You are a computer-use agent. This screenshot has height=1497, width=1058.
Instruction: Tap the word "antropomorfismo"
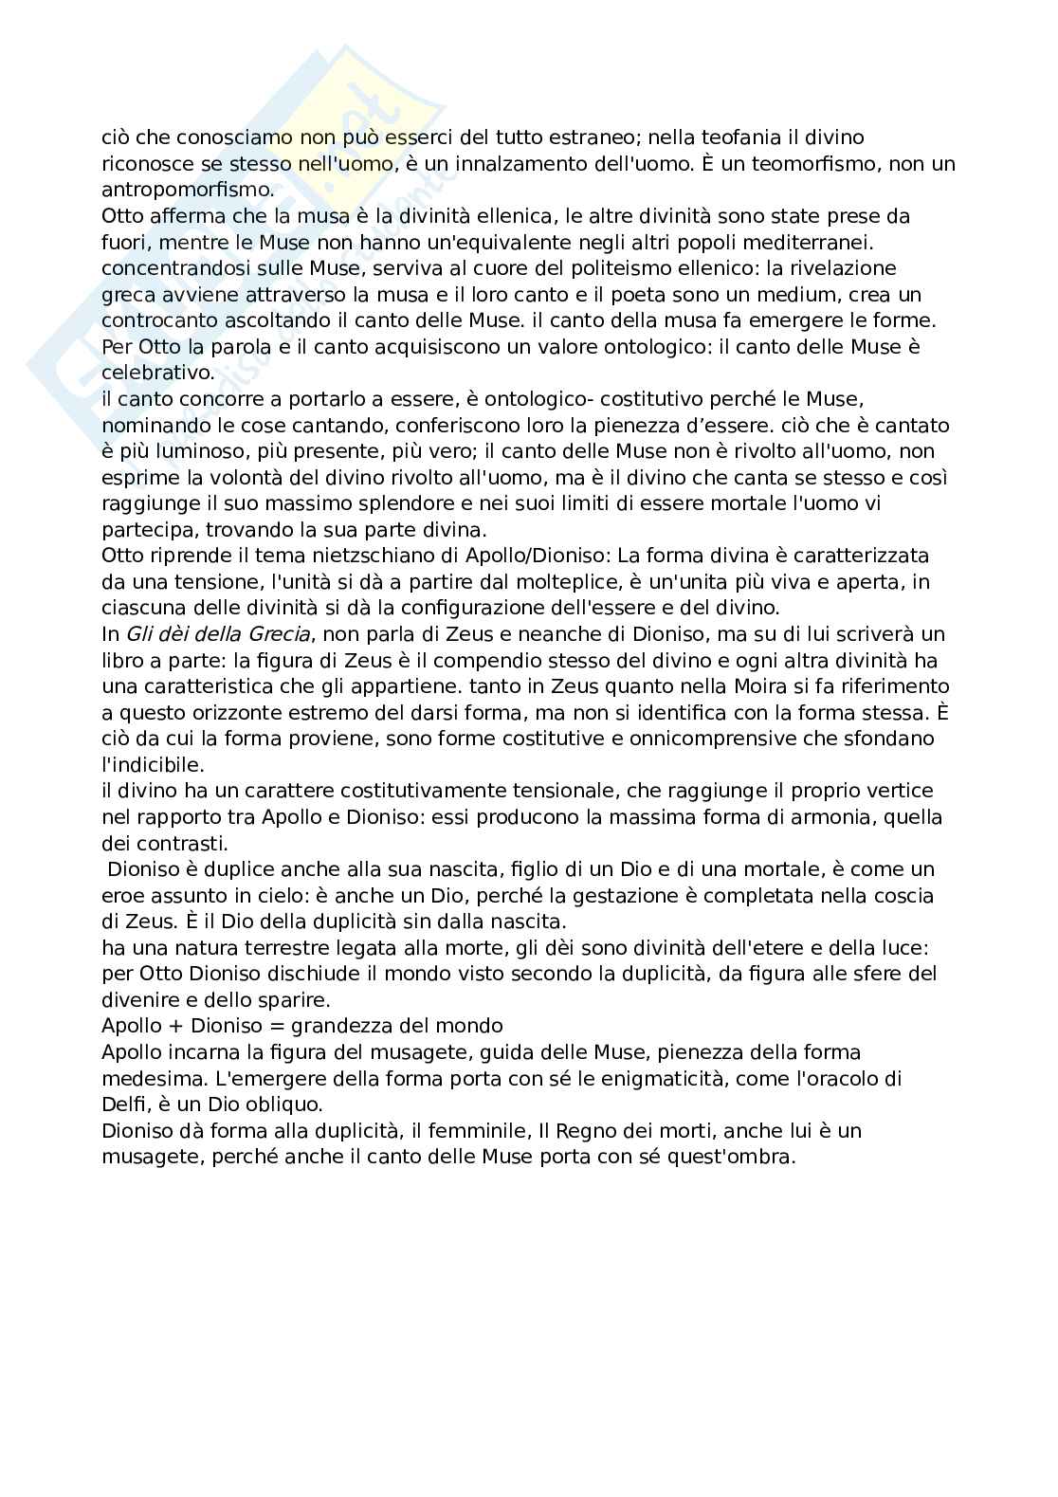pyautogui.click(x=187, y=190)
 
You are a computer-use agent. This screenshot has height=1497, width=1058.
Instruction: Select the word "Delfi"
pyautogui.click(x=121, y=1105)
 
